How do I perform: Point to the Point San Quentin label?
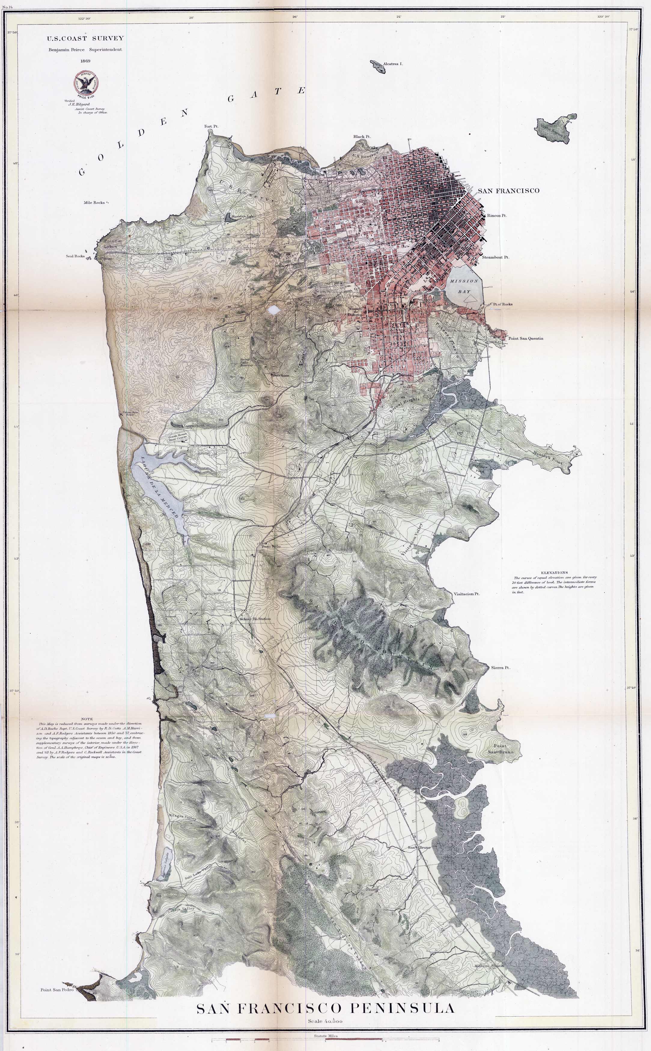pos(525,338)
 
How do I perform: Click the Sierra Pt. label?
pos(500,668)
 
